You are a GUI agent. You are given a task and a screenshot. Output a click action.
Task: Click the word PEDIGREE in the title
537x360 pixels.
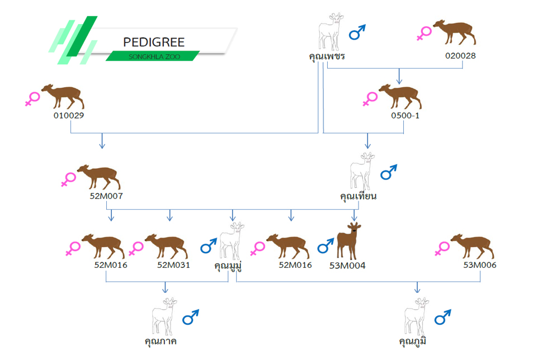click(x=153, y=42)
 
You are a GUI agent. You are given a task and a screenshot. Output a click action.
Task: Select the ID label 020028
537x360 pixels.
click(x=460, y=56)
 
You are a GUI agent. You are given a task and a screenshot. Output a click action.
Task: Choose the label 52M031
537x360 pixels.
click(x=173, y=265)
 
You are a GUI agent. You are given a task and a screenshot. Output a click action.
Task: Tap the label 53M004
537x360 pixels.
click(x=348, y=266)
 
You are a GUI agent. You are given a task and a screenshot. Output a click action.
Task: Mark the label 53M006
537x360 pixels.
click(x=480, y=265)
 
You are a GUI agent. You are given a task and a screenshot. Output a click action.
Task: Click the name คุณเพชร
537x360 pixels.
click(x=327, y=56)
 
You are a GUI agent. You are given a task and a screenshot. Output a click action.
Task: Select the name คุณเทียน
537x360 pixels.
click(x=358, y=196)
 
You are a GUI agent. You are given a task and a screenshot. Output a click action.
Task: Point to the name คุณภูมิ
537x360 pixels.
click(x=417, y=340)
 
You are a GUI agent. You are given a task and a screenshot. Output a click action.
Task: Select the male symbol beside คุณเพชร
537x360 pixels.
click(x=357, y=32)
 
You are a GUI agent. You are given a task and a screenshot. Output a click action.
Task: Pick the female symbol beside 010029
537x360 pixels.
click(x=33, y=99)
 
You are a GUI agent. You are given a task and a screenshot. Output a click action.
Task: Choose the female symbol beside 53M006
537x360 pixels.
click(x=442, y=249)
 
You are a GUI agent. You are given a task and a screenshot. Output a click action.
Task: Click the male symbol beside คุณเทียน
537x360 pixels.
click(x=388, y=172)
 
